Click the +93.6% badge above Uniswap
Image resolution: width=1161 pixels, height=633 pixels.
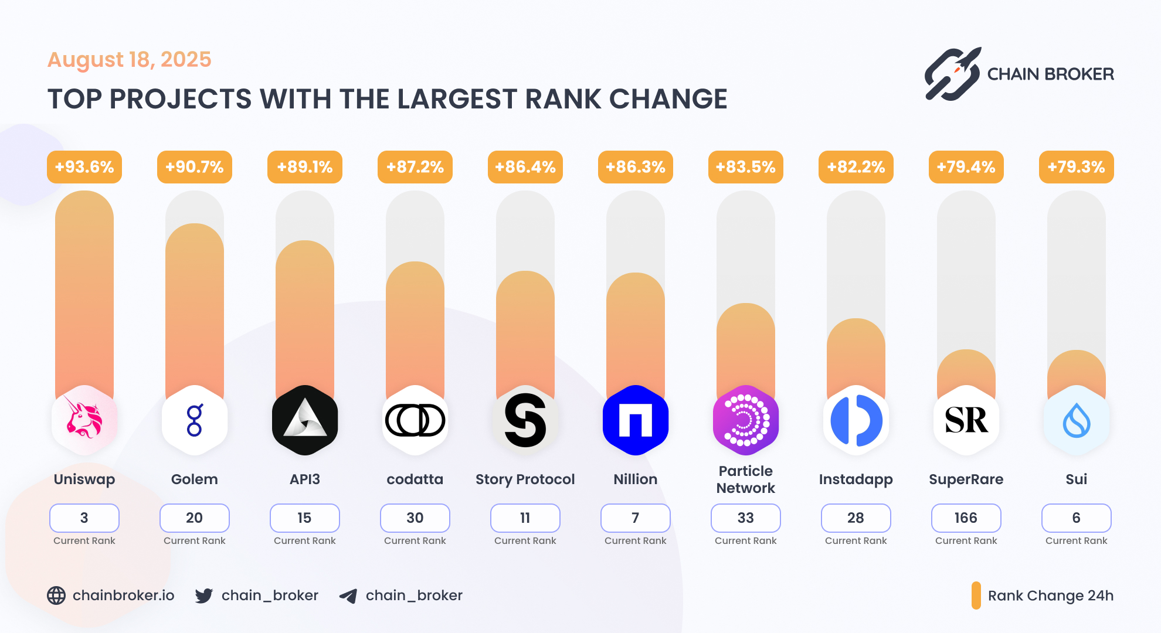[84, 167]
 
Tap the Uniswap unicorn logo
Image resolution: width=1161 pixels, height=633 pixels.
[84, 420]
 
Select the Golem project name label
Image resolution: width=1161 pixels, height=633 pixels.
[195, 479]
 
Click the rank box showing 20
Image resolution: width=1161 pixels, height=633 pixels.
[195, 518]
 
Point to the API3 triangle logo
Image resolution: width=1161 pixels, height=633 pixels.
[305, 420]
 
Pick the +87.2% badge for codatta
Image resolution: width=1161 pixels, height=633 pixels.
[415, 167]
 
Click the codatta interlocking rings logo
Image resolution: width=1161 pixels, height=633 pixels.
[415, 420]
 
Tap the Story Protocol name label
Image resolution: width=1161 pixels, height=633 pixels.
[525, 479]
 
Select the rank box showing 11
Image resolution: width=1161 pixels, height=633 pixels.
[525, 518]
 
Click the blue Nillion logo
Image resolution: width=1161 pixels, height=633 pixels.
[636, 420]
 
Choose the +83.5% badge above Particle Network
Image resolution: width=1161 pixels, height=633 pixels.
[746, 167]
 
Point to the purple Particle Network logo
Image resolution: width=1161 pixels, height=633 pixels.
[746, 420]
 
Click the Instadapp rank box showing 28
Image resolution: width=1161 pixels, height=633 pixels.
[856, 518]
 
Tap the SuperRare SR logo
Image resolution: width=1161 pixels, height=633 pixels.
[966, 420]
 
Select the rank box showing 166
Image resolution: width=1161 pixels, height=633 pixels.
[966, 518]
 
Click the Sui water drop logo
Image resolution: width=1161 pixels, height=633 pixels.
[1077, 420]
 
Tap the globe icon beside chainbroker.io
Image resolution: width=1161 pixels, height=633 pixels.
[56, 595]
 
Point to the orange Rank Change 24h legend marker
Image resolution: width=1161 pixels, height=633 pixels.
[976, 595]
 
